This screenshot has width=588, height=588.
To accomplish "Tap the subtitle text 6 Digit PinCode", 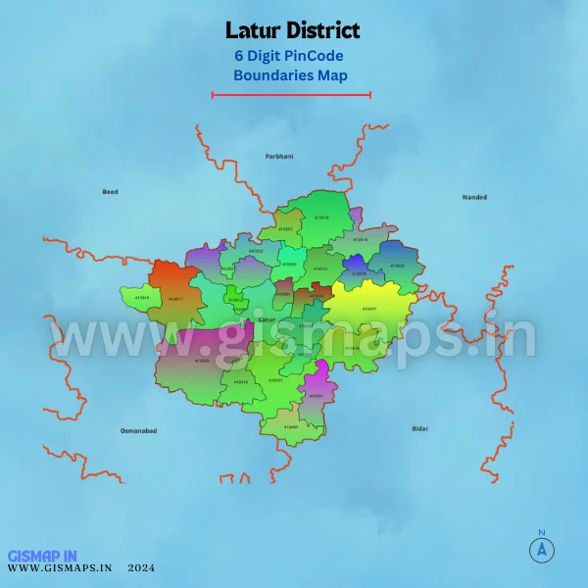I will tap(289, 56).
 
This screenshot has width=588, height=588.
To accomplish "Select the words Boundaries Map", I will tap(290, 74).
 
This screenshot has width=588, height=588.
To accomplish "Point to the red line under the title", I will tap(291, 95).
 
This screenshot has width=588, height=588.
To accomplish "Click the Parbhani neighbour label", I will tap(279, 156).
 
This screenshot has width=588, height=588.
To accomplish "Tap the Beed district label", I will tap(110, 191).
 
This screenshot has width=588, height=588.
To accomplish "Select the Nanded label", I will tap(474, 197).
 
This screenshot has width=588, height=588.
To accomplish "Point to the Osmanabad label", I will tap(138, 430).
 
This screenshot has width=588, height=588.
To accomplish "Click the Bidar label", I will tap(420, 428).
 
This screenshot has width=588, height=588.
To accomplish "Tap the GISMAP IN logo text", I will tap(42, 555).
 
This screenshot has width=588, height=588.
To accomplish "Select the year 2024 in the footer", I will tap(140, 567).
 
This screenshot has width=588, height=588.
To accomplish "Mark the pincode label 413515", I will tap(320, 217).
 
